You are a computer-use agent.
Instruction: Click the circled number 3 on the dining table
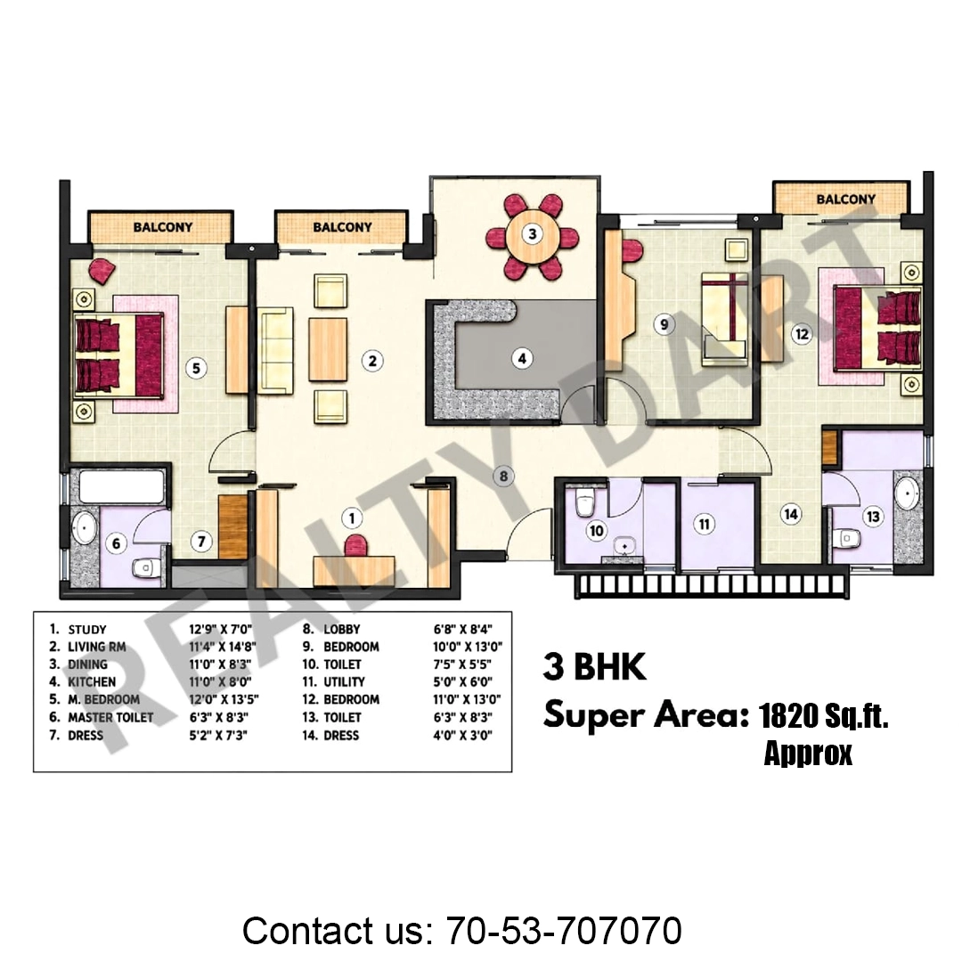tap(532, 233)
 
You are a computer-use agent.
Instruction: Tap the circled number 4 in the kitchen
tap(522, 358)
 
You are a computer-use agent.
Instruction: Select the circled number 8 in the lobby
tap(503, 476)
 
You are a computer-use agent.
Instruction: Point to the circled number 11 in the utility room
tap(704, 524)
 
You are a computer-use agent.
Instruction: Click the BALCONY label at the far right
tap(845, 200)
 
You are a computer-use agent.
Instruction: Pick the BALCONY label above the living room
tap(342, 227)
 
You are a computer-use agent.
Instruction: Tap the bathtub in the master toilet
tap(121, 486)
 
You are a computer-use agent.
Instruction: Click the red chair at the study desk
tap(355, 545)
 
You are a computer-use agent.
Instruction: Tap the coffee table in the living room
tap(328, 350)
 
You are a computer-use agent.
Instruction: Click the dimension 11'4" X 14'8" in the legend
tap(222, 647)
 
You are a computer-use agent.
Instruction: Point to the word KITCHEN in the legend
tap(92, 681)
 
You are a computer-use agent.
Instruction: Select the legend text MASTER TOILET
tap(110, 717)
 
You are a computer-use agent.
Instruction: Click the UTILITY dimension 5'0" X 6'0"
tap(462, 681)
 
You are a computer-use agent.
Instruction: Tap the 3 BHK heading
tap(594, 667)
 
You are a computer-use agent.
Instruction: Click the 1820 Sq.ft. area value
tap(823, 715)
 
